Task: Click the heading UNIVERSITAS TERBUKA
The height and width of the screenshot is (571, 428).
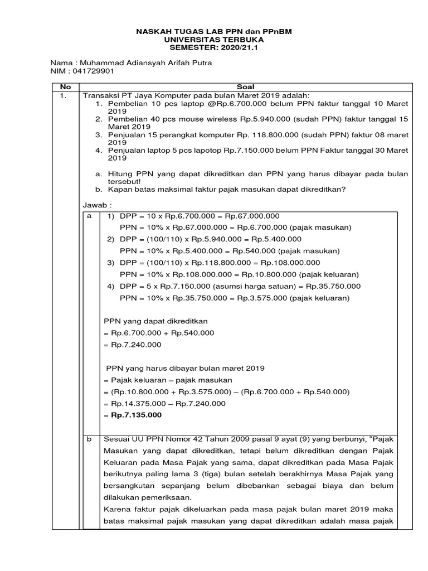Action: point(214,40)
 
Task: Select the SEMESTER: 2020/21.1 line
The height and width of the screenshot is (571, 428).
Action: point(214,48)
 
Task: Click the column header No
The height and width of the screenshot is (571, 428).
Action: point(66,87)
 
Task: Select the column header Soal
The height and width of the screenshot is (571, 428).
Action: point(245,87)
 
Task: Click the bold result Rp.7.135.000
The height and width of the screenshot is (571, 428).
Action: point(136,415)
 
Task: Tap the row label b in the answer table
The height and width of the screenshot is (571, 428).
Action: point(89,439)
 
